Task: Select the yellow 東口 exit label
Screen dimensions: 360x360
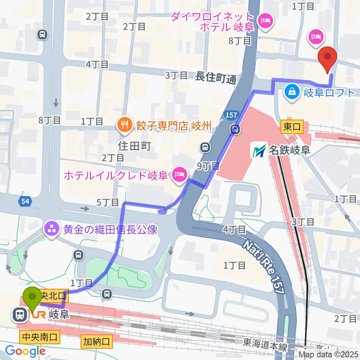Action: [x=292, y=127]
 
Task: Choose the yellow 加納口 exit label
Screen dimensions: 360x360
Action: [x=96, y=341]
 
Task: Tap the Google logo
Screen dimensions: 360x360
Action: [x=25, y=351]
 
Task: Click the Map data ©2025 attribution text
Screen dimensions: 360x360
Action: [x=328, y=354]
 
